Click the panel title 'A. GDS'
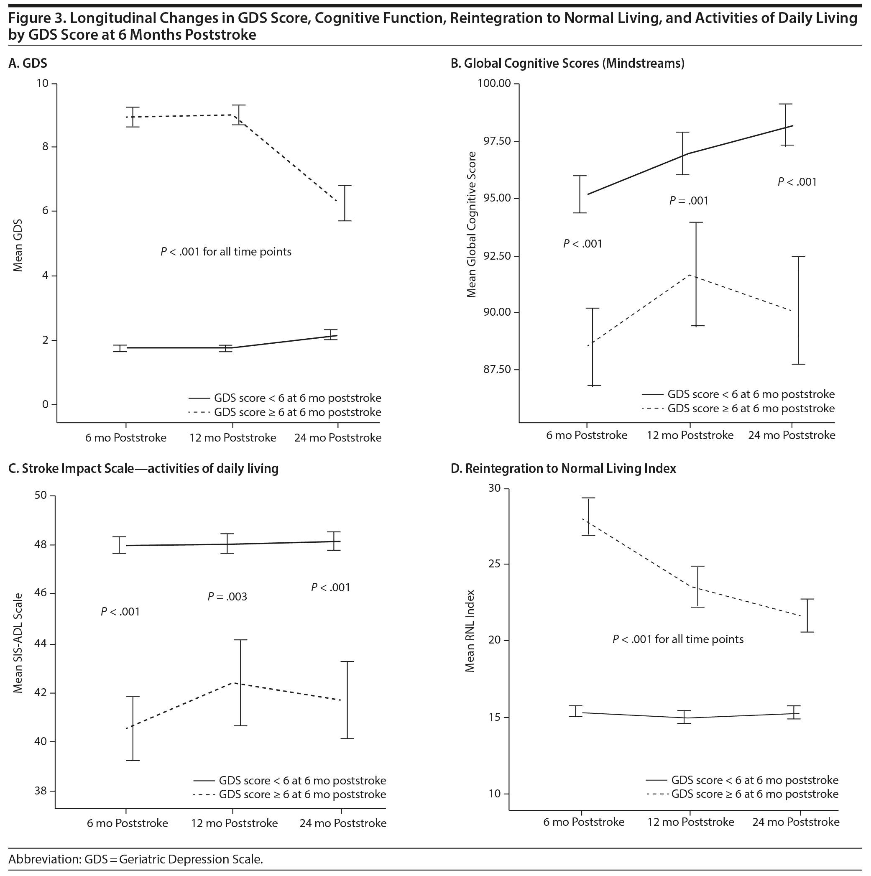[x=28, y=63]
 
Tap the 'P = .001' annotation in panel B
[x=689, y=200]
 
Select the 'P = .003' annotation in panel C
[x=227, y=597]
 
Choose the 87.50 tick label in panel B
[x=498, y=370]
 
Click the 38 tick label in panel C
[x=41, y=791]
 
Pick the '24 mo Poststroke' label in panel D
[x=796, y=822]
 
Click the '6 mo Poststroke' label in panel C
[x=128, y=823]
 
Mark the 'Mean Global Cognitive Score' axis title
[x=472, y=225]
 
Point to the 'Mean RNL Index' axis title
[x=470, y=631]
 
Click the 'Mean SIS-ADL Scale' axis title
[x=18, y=644]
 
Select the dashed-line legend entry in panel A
[x=285, y=413]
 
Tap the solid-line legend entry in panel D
[x=742, y=780]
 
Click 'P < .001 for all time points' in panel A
[x=226, y=252]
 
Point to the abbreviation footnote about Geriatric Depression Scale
[x=135, y=859]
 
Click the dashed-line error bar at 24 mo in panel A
[x=345, y=203]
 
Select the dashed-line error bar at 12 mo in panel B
[x=695, y=274]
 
